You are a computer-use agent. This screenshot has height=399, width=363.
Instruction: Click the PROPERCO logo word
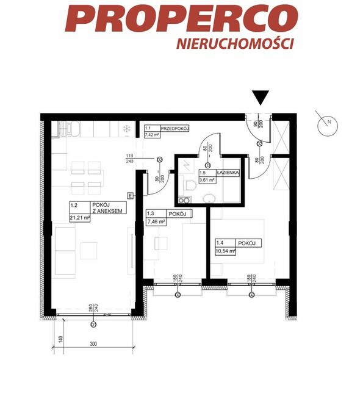181,18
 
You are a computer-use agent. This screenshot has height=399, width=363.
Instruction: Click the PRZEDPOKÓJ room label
176,128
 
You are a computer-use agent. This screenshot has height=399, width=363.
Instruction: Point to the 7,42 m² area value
151,135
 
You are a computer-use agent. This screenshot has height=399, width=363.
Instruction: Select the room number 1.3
150,214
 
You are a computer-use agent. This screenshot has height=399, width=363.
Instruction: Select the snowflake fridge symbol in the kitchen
126,129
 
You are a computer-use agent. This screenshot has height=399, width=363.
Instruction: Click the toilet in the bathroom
190,184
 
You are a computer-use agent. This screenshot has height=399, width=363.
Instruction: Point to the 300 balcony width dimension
93,345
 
